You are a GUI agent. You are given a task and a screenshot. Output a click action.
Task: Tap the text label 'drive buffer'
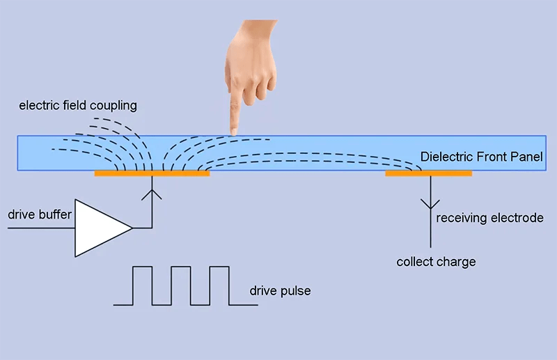[x=40, y=214]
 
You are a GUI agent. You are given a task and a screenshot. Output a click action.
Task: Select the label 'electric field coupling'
[x=78, y=106]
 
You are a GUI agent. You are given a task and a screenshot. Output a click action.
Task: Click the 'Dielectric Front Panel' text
[x=481, y=157]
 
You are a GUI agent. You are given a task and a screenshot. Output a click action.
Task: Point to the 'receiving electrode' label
[x=489, y=218]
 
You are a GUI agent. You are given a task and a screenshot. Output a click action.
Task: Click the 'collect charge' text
[x=436, y=262]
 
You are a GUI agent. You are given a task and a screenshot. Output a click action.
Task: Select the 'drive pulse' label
[x=280, y=290]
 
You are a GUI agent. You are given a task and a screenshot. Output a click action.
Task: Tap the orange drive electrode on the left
[x=152, y=173]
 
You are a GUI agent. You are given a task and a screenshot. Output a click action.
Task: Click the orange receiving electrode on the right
[x=428, y=173]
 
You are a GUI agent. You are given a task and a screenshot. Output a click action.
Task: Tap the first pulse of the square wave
[x=143, y=285]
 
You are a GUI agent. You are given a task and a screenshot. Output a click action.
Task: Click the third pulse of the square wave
[x=219, y=285]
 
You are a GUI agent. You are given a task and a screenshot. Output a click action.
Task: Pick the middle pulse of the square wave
[x=181, y=285]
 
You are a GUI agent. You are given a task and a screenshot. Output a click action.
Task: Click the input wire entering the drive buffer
[x=38, y=228]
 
